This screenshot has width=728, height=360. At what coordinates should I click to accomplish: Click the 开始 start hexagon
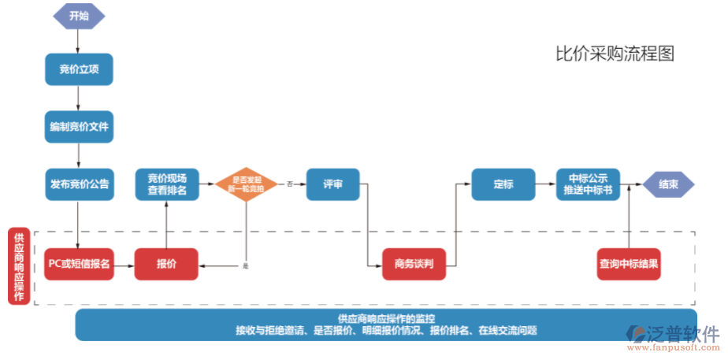click(x=79, y=15)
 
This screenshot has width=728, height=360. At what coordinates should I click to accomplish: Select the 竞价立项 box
click(x=79, y=69)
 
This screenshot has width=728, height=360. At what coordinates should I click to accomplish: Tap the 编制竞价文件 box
click(x=79, y=126)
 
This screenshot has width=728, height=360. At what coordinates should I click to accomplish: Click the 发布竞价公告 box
click(x=79, y=184)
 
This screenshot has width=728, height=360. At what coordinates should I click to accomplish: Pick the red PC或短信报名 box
click(x=79, y=264)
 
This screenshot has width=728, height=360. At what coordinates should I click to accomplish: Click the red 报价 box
click(x=166, y=264)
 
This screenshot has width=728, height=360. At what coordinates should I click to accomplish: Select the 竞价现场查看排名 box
click(x=167, y=184)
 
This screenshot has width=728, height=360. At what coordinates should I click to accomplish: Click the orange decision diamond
click(x=247, y=184)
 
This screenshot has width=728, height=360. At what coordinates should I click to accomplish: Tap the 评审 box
click(x=332, y=184)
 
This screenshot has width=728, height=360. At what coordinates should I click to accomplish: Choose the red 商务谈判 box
click(x=419, y=264)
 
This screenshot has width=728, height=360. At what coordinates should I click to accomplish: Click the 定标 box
click(x=503, y=184)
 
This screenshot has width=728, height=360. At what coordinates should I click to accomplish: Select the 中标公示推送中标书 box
click(x=589, y=184)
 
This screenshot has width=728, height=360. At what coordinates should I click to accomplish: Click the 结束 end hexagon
click(x=669, y=184)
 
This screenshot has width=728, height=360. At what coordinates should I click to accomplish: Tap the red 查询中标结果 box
click(x=629, y=264)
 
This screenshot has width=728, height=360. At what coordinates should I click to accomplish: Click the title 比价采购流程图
click(x=615, y=54)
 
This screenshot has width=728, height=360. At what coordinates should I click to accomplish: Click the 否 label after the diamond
click(x=289, y=184)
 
